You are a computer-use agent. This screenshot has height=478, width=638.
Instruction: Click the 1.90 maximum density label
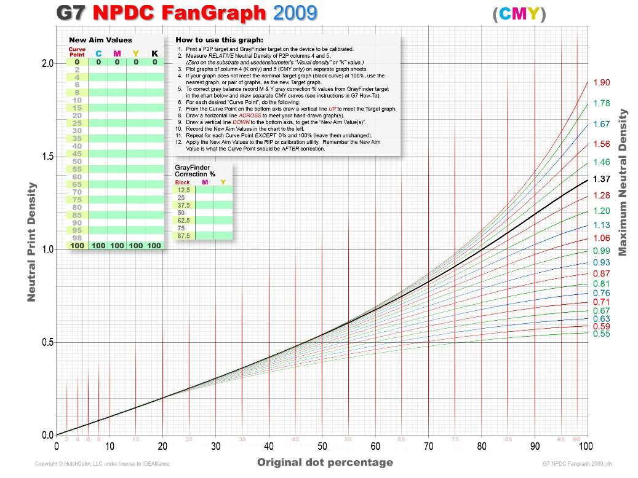click(x=601, y=82)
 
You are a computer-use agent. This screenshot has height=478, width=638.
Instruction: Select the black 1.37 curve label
click(x=601, y=179)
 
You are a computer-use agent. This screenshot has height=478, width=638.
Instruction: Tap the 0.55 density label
click(x=601, y=334)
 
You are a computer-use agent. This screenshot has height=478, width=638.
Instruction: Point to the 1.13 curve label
click(x=601, y=225)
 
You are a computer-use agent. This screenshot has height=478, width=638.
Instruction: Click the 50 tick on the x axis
click(x=321, y=446)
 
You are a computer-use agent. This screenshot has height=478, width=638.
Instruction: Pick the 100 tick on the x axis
click(x=586, y=446)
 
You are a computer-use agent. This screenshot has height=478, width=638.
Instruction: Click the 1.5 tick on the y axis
click(x=47, y=157)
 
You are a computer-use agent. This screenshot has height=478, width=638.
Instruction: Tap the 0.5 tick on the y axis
click(x=47, y=342)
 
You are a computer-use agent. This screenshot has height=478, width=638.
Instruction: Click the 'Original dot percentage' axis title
click(x=325, y=462)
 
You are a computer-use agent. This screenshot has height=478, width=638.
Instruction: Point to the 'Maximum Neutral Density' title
click(x=623, y=182)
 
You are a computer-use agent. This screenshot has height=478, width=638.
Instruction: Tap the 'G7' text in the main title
click(x=71, y=13)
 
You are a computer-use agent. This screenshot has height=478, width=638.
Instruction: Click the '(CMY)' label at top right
click(x=519, y=14)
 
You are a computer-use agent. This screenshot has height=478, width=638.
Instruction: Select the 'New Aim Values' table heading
click(x=100, y=40)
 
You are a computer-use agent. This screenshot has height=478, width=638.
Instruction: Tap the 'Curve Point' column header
click(x=77, y=51)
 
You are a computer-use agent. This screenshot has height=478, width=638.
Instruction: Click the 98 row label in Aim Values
click(x=77, y=238)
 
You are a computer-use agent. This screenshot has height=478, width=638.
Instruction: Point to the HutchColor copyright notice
click(x=102, y=463)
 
